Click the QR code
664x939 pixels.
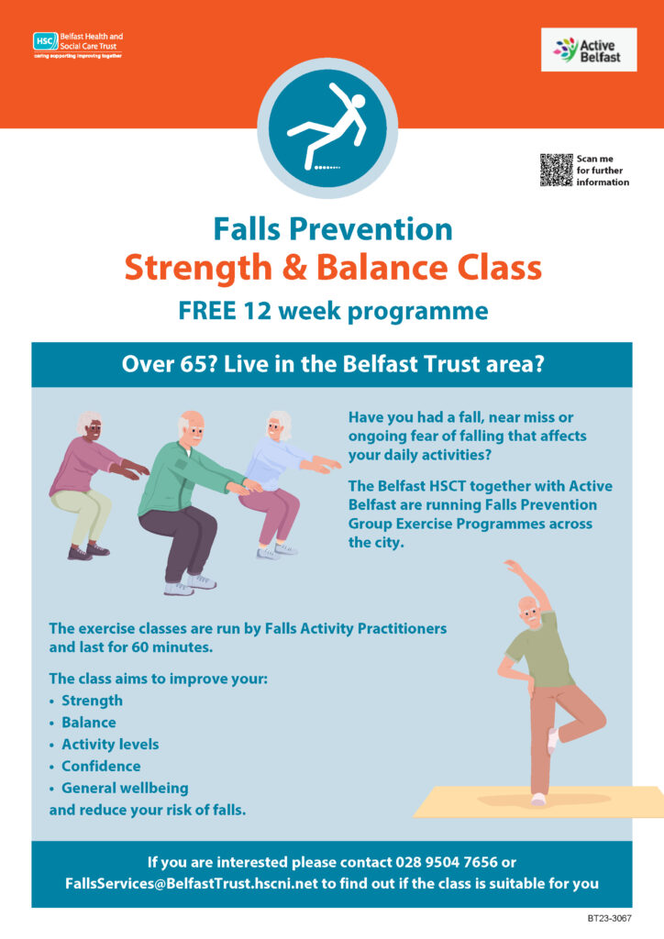click(x=556, y=170)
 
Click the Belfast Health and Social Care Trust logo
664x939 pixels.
click(x=77, y=43)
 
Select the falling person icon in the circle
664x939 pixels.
click(x=327, y=129)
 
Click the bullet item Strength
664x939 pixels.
click(x=92, y=701)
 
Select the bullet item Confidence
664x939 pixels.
click(x=101, y=766)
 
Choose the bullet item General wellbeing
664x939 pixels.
click(x=125, y=788)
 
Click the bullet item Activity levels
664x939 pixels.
click(x=110, y=744)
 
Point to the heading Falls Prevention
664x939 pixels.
click(x=332, y=228)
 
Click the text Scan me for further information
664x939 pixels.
click(x=602, y=170)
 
